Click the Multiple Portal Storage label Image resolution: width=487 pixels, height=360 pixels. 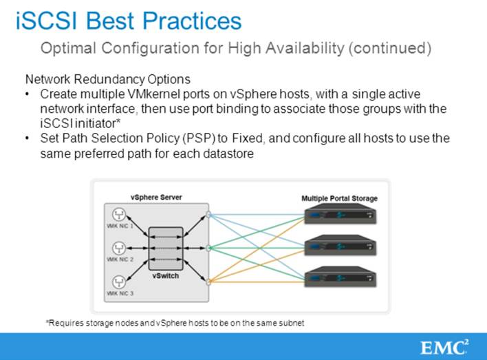point(339,198)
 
